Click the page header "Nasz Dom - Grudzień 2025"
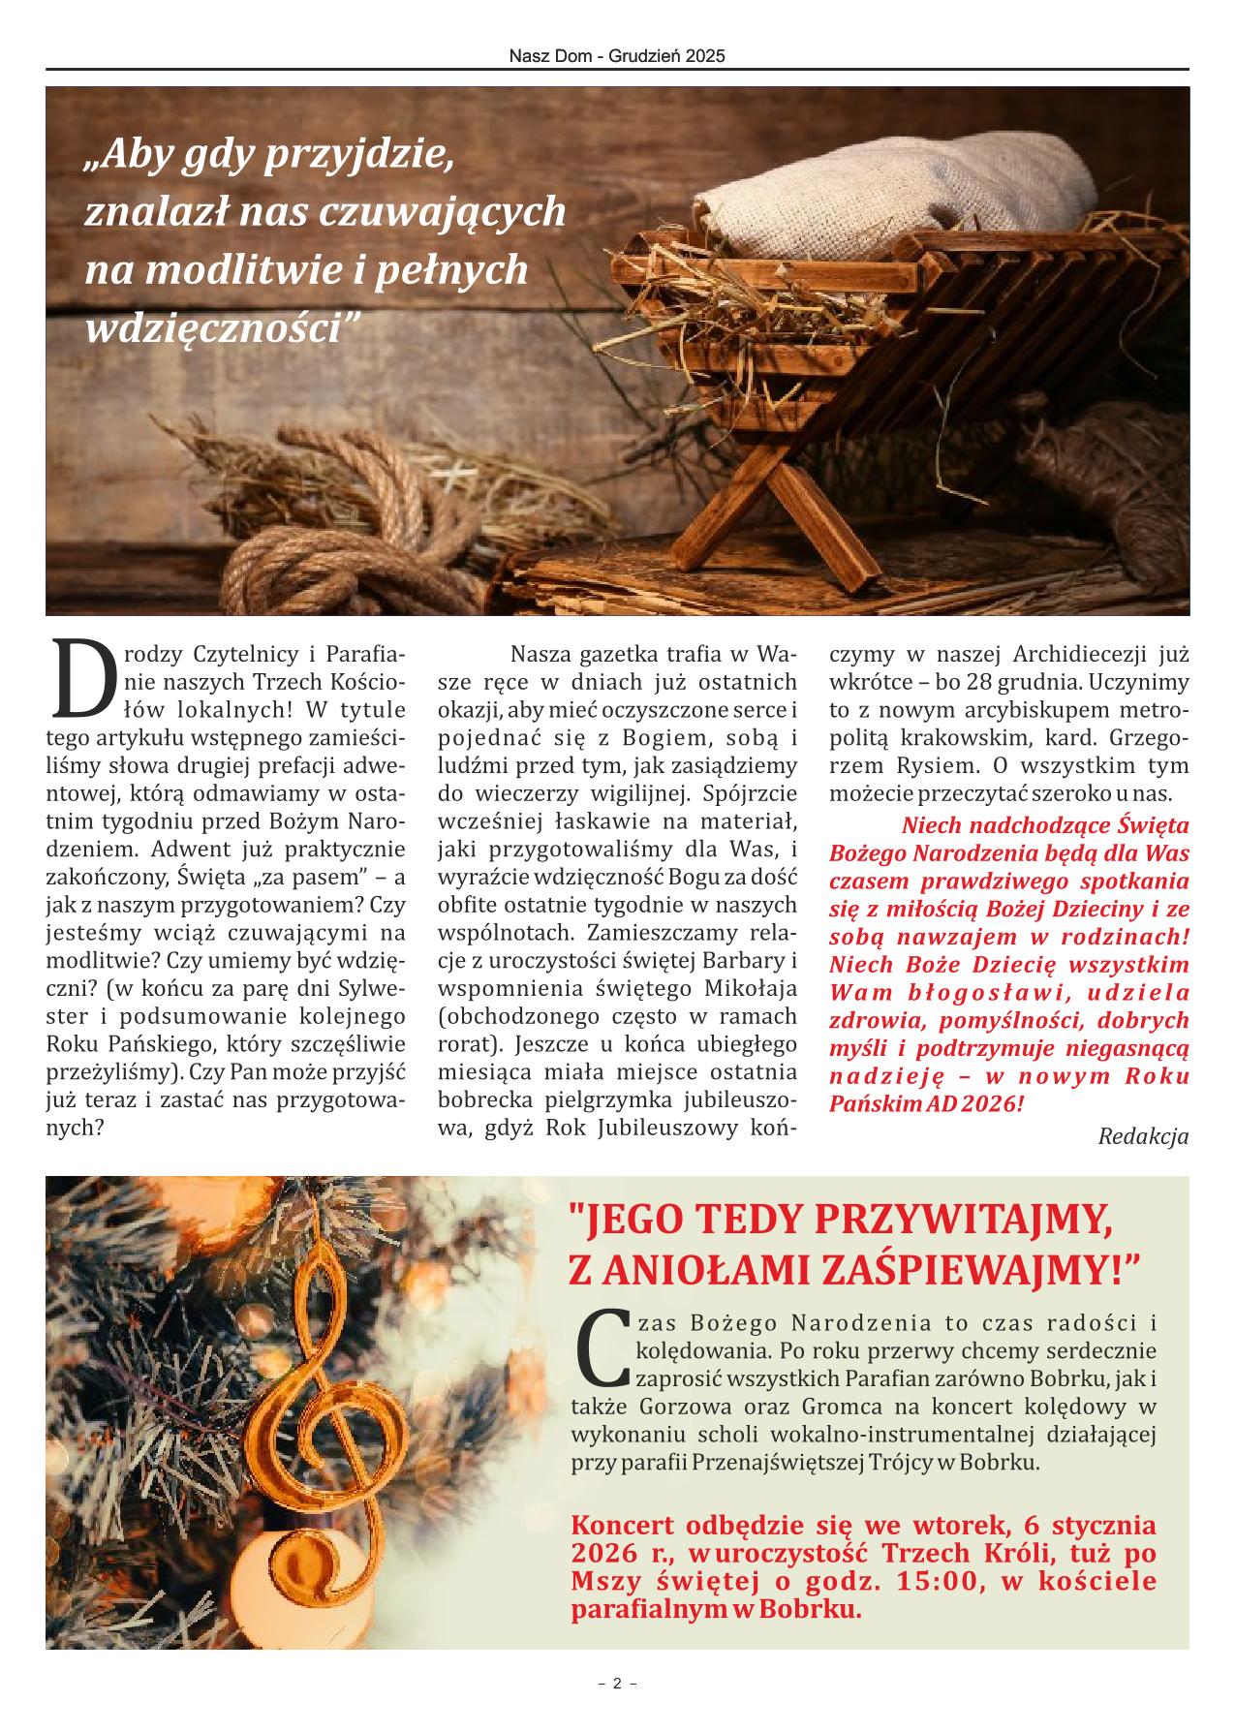(x=617, y=57)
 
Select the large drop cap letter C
(x=602, y=1346)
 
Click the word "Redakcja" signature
(x=1143, y=1136)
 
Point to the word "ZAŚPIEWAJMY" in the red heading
(x=969, y=1270)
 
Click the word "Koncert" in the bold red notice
(x=621, y=1526)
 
